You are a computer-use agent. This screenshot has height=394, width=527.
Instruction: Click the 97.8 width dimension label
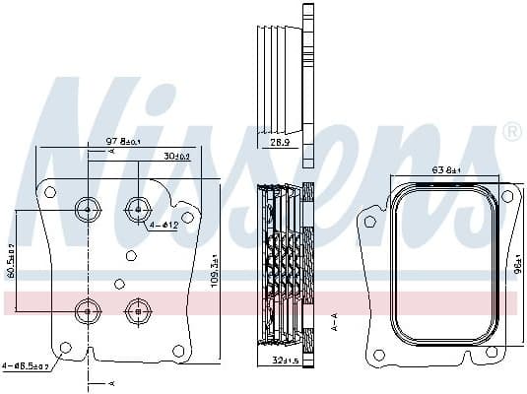(123, 142)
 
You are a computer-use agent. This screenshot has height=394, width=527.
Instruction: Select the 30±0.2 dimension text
(177, 156)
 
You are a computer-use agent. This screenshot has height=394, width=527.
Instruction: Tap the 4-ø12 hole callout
(164, 226)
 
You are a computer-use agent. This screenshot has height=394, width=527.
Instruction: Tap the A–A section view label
(334, 323)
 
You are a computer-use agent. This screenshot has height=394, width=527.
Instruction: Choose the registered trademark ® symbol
(511, 131)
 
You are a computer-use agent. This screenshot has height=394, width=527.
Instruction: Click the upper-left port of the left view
(88, 208)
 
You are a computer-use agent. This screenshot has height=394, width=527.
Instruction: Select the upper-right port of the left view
(137, 208)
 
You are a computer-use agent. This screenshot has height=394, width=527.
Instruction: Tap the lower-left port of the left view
(88, 310)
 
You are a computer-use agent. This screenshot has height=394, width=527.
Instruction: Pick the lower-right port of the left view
(137, 310)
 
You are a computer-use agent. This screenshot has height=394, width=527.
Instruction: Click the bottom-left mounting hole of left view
(65, 347)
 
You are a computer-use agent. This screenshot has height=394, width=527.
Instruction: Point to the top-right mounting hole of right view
(506, 198)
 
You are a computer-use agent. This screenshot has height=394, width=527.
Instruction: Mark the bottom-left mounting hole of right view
(377, 355)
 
